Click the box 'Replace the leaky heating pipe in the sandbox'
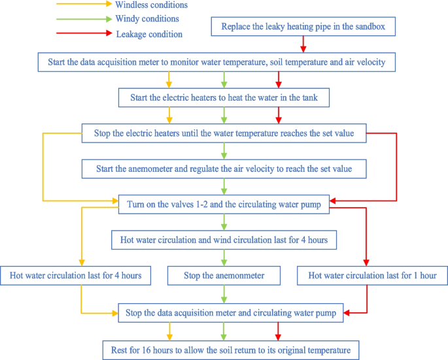(303, 27)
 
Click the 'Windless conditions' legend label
(150, 5)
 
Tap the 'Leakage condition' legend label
(149, 33)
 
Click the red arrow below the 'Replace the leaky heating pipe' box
(303, 44)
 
